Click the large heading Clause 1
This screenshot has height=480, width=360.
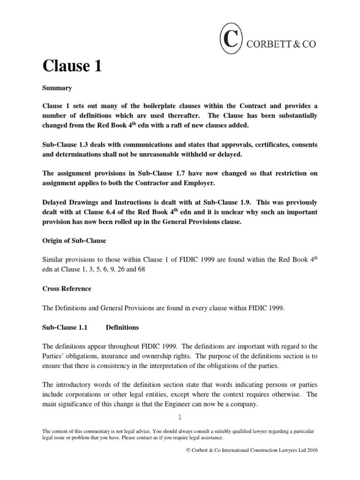[x=72, y=66]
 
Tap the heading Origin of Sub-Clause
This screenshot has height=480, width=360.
[x=75, y=240]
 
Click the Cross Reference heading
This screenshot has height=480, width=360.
[x=67, y=288]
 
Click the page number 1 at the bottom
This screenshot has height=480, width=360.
[x=180, y=418]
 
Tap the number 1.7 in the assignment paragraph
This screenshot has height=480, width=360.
[x=174, y=173]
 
